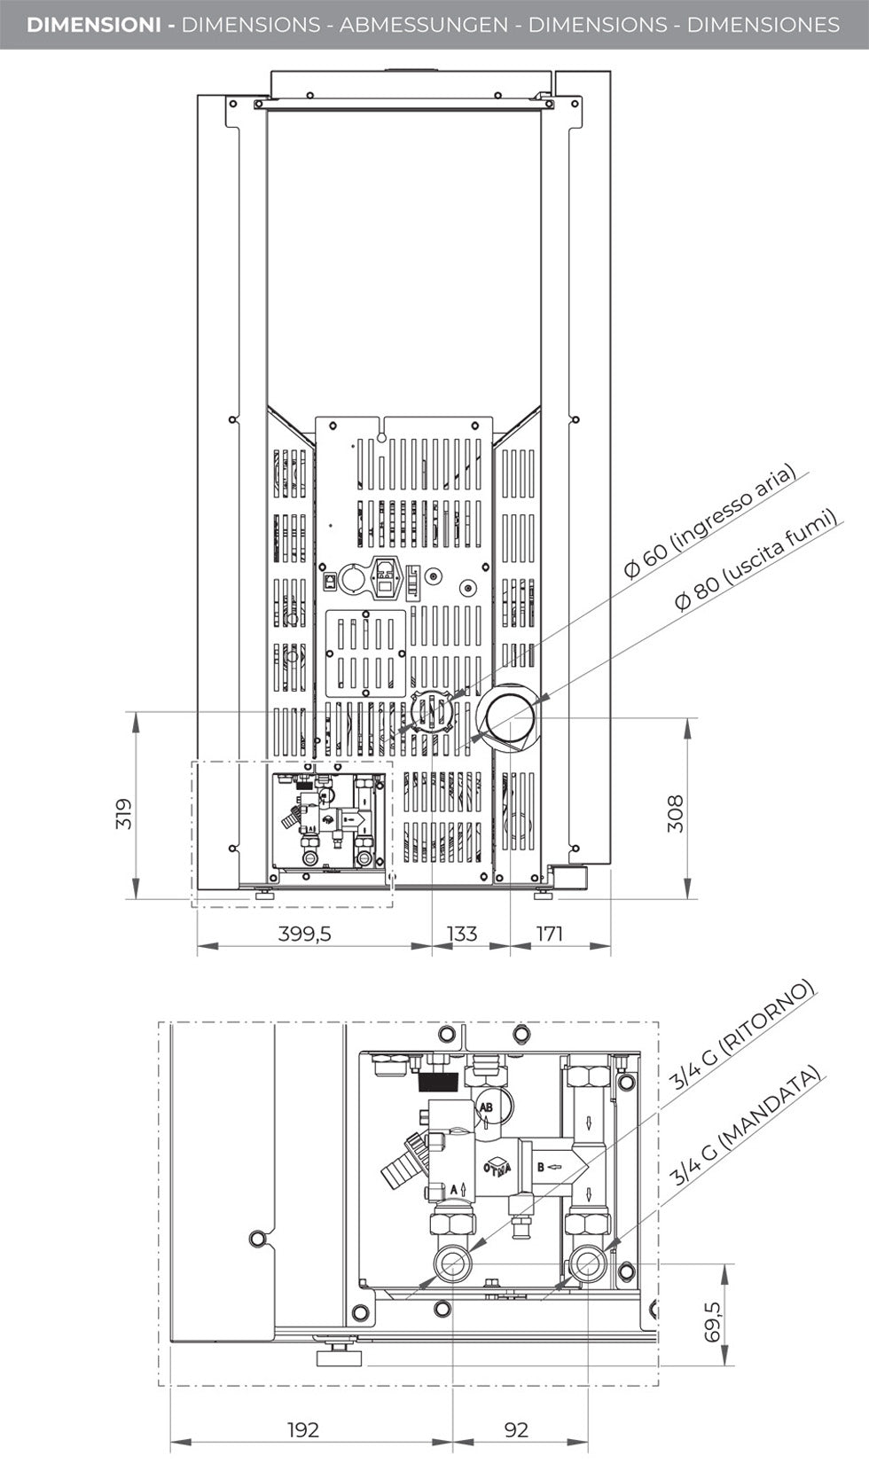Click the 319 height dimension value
point(124,813)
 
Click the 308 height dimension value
point(676,813)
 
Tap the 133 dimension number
point(461,934)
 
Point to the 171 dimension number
point(550,934)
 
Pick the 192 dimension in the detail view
point(302,1429)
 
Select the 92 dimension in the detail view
point(515,1429)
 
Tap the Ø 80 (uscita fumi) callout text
point(756,559)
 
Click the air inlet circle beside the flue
point(430,711)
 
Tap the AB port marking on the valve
point(486,1107)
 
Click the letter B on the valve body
point(540,1167)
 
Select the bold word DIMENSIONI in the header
point(93,25)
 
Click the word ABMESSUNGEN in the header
point(424,25)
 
